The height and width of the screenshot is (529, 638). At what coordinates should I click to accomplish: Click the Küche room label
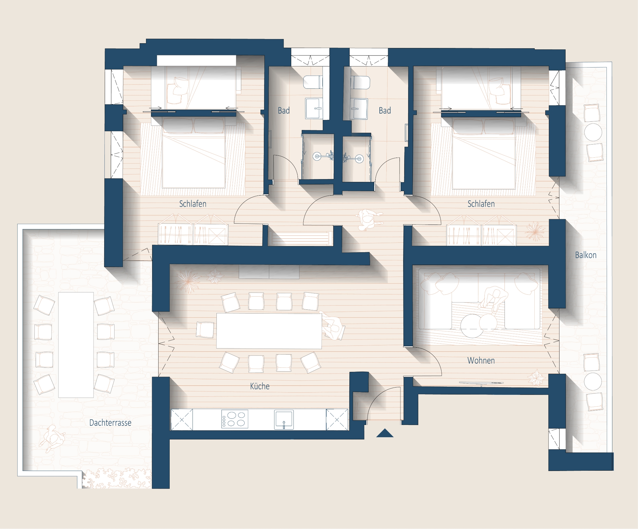coord(260,386)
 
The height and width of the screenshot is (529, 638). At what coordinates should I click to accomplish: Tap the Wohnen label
coord(481,360)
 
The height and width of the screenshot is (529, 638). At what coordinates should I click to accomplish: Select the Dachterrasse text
coord(110,422)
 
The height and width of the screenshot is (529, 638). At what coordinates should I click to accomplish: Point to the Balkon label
coord(586,255)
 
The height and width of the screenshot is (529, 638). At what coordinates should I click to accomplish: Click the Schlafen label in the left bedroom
coord(193,204)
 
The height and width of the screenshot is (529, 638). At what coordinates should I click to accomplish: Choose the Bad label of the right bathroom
coord(385,110)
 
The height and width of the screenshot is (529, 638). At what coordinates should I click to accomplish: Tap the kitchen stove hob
coord(235,419)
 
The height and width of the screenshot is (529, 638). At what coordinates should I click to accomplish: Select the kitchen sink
coord(284,419)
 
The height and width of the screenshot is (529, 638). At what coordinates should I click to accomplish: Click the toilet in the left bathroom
coord(313,82)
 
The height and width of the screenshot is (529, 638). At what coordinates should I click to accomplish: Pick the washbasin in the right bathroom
coord(359,109)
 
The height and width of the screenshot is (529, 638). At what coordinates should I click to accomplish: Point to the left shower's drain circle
coord(317,157)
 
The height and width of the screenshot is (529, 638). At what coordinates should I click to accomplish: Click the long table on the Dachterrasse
coord(76,345)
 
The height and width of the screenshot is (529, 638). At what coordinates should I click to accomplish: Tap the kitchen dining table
coord(269,331)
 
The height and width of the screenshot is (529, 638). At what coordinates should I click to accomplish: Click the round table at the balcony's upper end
coord(593,132)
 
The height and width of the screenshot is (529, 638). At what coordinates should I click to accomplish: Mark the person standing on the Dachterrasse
coord(53,438)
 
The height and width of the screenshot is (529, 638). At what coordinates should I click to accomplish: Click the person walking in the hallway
coord(367,219)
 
